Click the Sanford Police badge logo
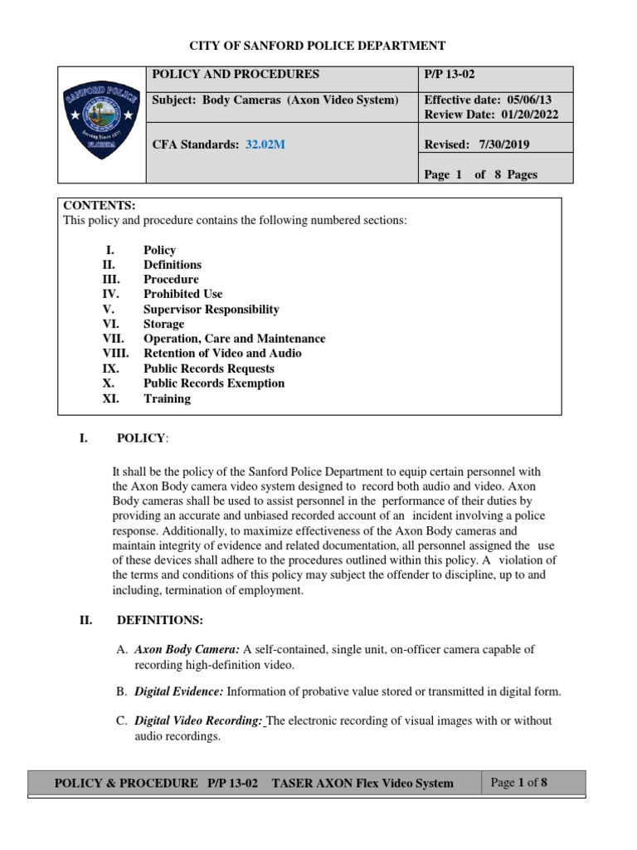pyautogui.click(x=101, y=123)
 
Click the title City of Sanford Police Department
pyautogui.click(x=318, y=46)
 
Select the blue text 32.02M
pyautogui.click(x=265, y=144)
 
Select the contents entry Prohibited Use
pyautogui.click(x=182, y=294)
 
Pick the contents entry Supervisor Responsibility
pyautogui.click(x=211, y=309)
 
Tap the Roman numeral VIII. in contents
pyautogui.click(x=116, y=354)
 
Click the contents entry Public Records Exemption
pyautogui.click(x=213, y=383)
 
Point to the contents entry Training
pyautogui.click(x=167, y=398)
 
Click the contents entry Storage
pyautogui.click(x=164, y=324)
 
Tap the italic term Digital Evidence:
pyautogui.click(x=178, y=691)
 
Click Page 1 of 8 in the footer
pyautogui.click(x=519, y=782)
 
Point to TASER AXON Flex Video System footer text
pyautogui.click(x=362, y=783)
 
